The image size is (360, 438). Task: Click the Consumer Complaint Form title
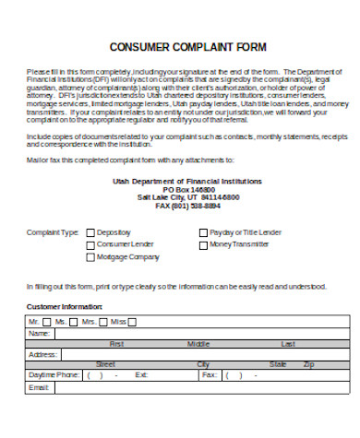(x=187, y=47)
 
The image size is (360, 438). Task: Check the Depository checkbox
(x=90, y=232)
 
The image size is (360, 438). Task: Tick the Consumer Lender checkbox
(x=90, y=245)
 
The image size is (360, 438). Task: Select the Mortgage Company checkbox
(x=90, y=257)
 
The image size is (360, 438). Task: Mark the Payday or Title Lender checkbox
(x=204, y=232)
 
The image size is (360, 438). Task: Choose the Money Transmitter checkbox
(x=204, y=245)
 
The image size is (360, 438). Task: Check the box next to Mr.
(x=48, y=321)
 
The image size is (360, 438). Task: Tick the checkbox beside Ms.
(x=74, y=321)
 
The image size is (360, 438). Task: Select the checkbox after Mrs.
(x=102, y=321)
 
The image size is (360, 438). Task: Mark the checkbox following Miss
(x=132, y=321)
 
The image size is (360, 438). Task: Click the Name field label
(x=39, y=333)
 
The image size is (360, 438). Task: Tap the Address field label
(x=43, y=354)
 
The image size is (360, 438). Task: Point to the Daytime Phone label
(x=54, y=375)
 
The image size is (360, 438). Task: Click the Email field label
(x=39, y=387)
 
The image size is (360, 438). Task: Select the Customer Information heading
(x=65, y=305)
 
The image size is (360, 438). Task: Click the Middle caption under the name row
(x=198, y=343)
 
